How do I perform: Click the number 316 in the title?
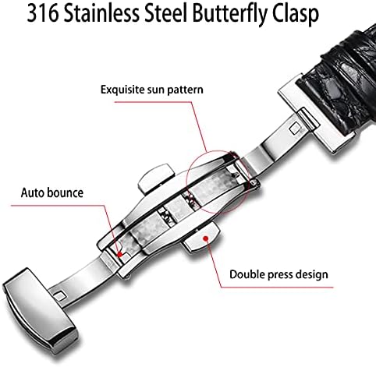click(42, 13)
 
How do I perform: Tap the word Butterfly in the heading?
click(230, 15)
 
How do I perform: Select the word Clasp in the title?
click(296, 15)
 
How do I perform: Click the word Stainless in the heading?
click(101, 13)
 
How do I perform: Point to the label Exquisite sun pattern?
click(152, 90)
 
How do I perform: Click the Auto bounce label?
click(52, 192)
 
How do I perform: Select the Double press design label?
click(278, 274)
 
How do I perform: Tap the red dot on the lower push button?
click(206, 238)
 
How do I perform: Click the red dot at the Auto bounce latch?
click(119, 254)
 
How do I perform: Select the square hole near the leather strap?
click(296, 129)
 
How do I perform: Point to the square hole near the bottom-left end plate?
click(60, 296)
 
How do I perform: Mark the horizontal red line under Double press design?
click(277, 288)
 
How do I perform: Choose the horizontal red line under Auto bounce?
click(58, 206)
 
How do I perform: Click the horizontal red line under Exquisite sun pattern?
click(153, 102)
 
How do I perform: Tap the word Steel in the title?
click(166, 13)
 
